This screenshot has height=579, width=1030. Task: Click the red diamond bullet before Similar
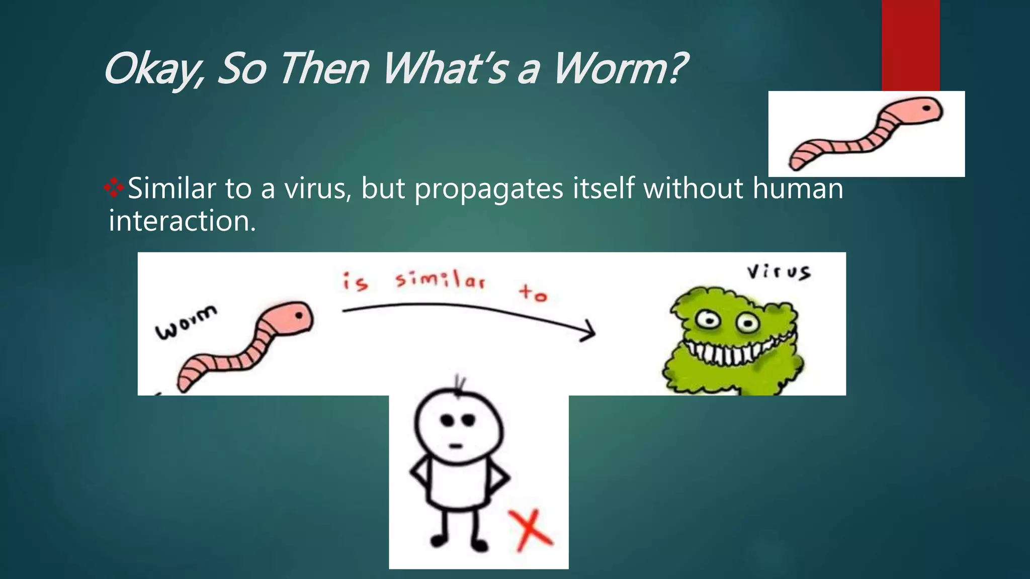[114, 188]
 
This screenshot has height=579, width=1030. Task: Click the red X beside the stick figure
[530, 530]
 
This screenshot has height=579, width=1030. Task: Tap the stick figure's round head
[458, 425]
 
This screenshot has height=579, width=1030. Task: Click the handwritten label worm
[186, 322]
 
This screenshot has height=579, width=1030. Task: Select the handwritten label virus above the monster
[778, 272]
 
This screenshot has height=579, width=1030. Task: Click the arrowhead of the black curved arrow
[589, 332]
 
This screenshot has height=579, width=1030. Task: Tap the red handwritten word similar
[440, 279]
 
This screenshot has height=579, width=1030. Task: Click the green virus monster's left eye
[708, 319]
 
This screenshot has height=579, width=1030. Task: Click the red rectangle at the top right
[910, 45]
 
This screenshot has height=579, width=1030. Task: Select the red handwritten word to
[533, 293]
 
